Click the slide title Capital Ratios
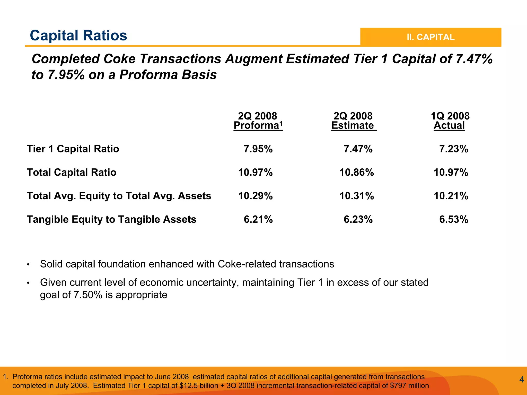point(78,36)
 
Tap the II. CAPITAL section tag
point(431,37)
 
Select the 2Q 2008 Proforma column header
point(258,121)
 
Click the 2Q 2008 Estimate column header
point(353,121)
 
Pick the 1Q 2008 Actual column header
point(450,121)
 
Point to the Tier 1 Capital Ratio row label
point(73,149)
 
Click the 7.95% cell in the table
point(258,149)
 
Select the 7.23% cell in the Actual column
point(453,149)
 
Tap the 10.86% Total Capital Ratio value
point(356,172)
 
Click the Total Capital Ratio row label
point(72,172)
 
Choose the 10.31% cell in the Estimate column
point(356,196)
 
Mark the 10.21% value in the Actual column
point(451,196)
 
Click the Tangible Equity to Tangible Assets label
point(111,219)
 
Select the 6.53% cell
point(453,219)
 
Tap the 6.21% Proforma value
point(258,219)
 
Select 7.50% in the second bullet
point(88,295)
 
